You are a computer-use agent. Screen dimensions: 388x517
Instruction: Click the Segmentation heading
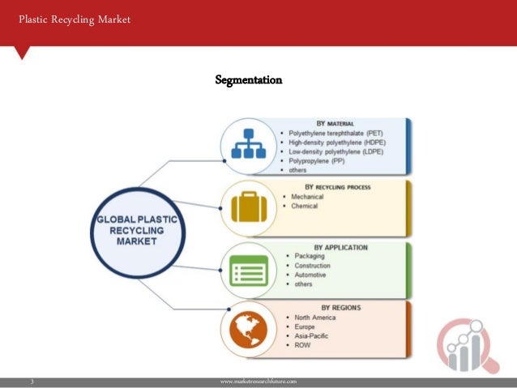click(x=249, y=80)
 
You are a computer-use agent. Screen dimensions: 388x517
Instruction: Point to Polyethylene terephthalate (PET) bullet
click(x=335, y=132)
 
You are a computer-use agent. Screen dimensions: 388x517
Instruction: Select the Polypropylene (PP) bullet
click(x=322, y=161)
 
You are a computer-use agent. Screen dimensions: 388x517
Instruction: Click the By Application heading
click(x=344, y=247)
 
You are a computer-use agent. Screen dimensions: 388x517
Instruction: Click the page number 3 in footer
click(x=31, y=380)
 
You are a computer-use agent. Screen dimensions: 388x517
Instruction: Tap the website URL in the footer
click(x=258, y=380)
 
